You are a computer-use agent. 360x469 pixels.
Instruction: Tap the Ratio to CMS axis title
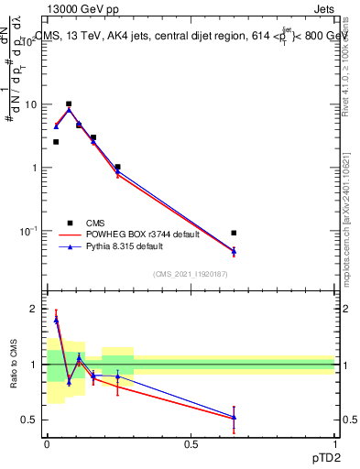(x=13, y=364)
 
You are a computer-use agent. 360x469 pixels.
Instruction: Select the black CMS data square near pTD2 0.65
(x=234, y=233)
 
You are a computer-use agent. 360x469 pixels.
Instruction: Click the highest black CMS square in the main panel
(x=69, y=104)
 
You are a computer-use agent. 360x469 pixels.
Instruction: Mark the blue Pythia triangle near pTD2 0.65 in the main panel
(x=234, y=250)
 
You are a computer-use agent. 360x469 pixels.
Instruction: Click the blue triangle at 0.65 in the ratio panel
(x=234, y=417)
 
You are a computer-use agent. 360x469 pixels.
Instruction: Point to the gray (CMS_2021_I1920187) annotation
(x=190, y=275)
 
